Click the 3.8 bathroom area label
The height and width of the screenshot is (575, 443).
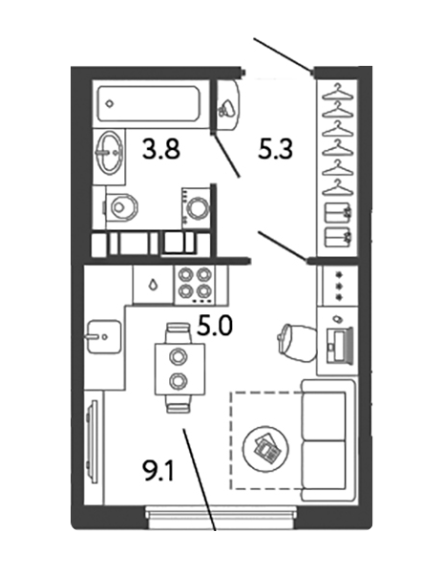pyautogui.click(x=160, y=150)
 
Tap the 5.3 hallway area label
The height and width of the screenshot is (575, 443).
pyautogui.click(x=275, y=150)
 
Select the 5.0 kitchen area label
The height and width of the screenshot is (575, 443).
pyautogui.click(x=215, y=326)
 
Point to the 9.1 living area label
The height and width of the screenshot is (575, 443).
pyautogui.click(x=158, y=471)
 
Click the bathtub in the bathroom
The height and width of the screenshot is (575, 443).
pyautogui.click(x=149, y=104)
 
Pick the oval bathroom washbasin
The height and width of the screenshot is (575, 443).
pyautogui.click(x=109, y=154)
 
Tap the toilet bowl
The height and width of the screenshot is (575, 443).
pyautogui.click(x=120, y=207)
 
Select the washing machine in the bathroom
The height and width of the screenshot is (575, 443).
pyautogui.click(x=197, y=208)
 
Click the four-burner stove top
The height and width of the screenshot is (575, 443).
pyautogui.click(x=195, y=285)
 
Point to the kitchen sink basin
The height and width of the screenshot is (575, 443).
pyautogui.click(x=103, y=336)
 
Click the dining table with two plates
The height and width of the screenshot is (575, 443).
pyautogui.click(x=179, y=370)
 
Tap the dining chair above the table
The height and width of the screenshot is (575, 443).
pyautogui.click(x=179, y=332)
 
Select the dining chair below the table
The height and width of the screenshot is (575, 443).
pyautogui.click(x=179, y=404)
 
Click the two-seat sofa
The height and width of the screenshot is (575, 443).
pyautogui.click(x=327, y=440)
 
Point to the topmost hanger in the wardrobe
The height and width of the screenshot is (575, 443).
pyautogui.click(x=337, y=94)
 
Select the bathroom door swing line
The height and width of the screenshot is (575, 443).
pyautogui.click(x=226, y=157)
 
